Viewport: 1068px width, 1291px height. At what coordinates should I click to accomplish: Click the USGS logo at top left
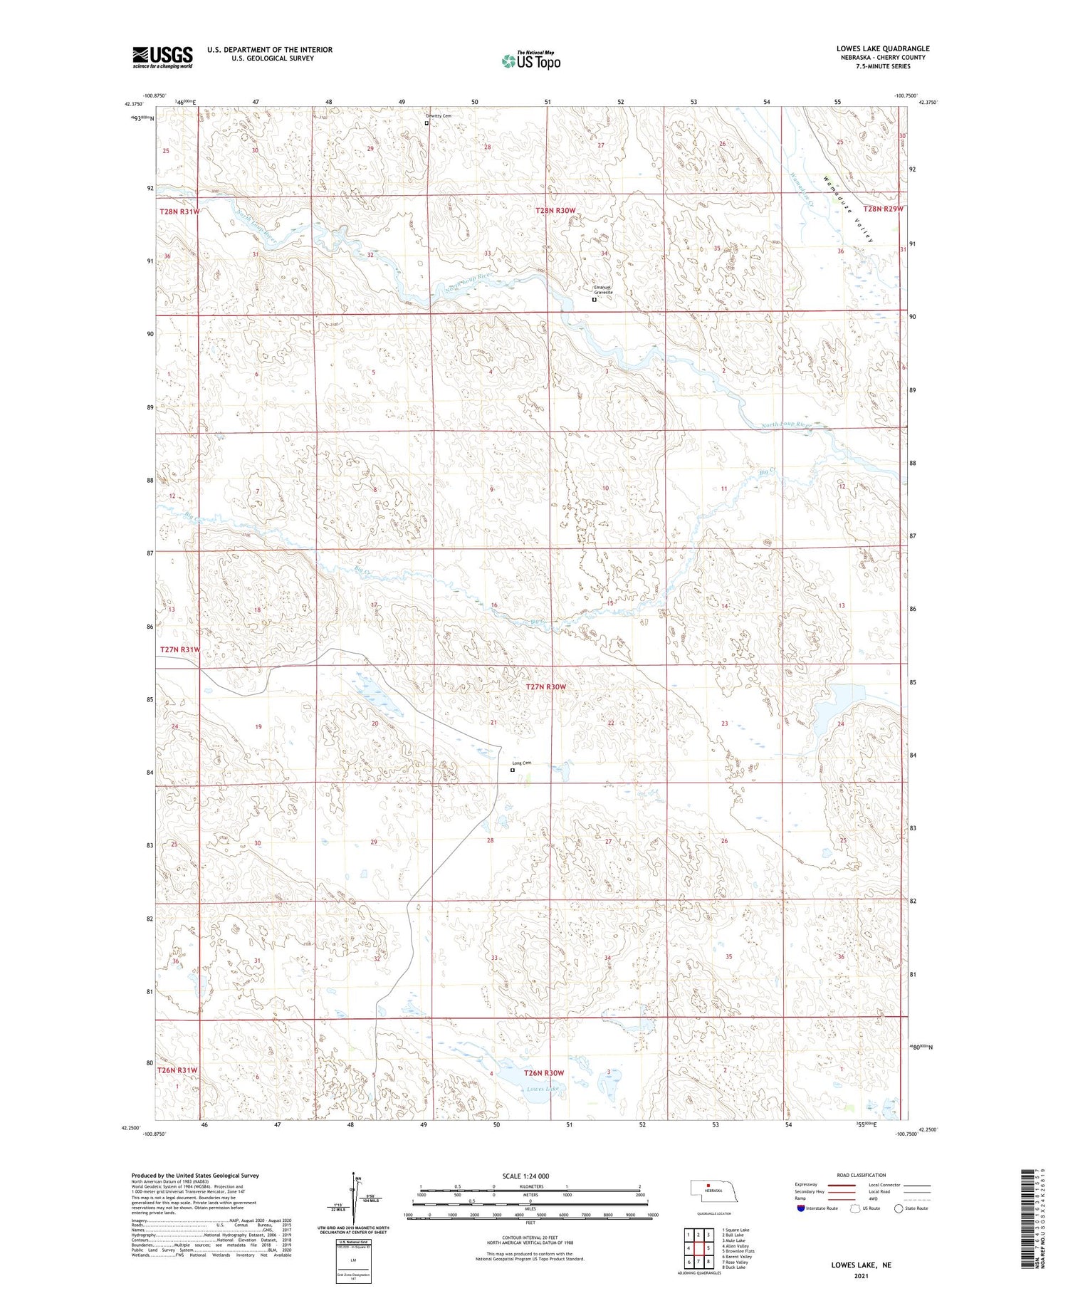coord(162,57)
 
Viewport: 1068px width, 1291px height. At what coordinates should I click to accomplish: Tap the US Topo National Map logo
coord(530,61)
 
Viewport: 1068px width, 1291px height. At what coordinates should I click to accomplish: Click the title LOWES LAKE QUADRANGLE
coord(883,48)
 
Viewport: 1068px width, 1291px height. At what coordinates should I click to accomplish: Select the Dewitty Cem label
coord(439,115)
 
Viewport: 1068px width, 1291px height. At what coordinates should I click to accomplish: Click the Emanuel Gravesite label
coord(603,291)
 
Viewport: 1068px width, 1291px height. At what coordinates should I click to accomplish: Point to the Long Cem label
coord(521,763)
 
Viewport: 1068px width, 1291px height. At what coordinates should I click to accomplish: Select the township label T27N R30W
coord(546,686)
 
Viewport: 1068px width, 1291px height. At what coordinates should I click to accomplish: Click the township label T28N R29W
coord(883,209)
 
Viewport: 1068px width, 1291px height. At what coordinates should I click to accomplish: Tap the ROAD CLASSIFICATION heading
coord(861,1175)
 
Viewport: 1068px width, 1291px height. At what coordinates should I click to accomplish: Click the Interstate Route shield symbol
coord(800,1208)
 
